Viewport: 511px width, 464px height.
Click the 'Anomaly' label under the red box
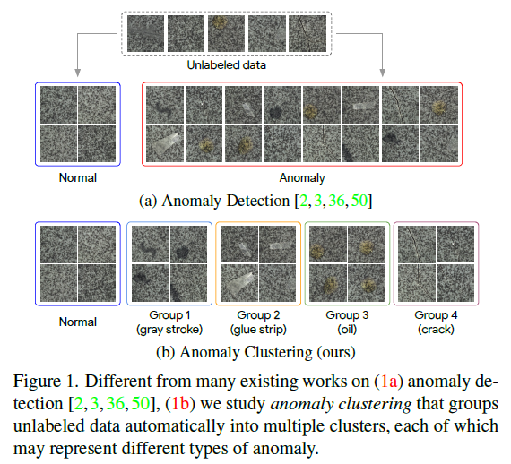click(x=303, y=177)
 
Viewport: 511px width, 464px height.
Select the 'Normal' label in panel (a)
click(x=78, y=177)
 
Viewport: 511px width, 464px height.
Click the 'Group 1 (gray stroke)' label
click(x=169, y=322)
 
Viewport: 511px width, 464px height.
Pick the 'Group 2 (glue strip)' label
click(x=258, y=322)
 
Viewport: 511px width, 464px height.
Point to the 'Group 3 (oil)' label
click(x=347, y=322)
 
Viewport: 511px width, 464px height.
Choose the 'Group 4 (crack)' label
click(x=437, y=322)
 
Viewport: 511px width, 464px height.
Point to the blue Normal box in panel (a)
click(x=78, y=124)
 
